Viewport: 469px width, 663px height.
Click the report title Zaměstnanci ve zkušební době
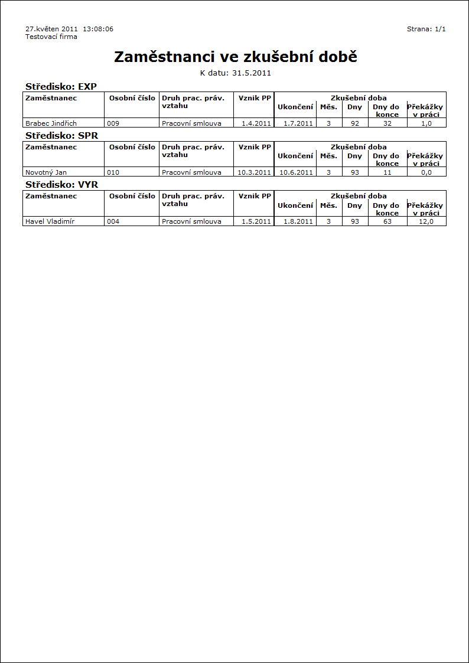pos(235,57)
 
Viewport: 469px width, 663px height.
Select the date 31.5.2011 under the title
pos(251,73)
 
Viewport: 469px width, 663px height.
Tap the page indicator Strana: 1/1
pos(426,29)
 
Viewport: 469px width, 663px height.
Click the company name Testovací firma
pos(51,37)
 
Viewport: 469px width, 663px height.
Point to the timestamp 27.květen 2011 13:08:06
pos(69,29)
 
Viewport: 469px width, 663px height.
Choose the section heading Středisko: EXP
pos(61,86)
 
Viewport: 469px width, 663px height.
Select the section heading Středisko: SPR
pos(61,135)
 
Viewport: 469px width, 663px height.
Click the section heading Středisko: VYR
pos(61,185)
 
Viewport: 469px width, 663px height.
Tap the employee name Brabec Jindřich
pos(51,123)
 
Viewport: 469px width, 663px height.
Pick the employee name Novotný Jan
pos(46,172)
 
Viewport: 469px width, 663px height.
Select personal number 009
pos(113,123)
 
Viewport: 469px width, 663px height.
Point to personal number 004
pos(113,221)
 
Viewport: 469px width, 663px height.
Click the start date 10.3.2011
pos(254,172)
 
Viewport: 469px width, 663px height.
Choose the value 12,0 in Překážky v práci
pos(426,221)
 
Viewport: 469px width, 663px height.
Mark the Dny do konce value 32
pos(387,123)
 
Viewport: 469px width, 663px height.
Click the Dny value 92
pos(355,123)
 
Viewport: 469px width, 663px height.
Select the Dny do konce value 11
pos(387,172)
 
